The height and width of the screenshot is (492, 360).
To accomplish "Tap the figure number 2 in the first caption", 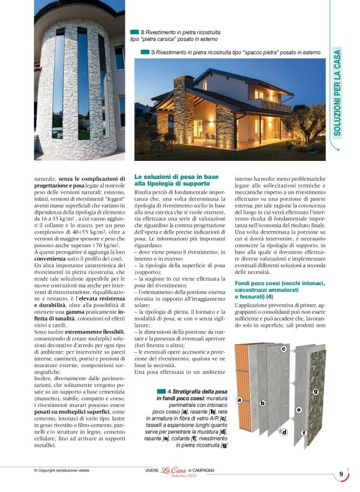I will [x=143, y=31].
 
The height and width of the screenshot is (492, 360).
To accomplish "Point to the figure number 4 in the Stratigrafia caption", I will [x=170, y=390].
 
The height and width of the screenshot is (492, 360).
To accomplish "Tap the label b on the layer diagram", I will [x=263, y=403].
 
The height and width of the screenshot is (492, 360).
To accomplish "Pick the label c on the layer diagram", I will [x=283, y=350].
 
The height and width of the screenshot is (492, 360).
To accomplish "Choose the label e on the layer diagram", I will [x=299, y=410].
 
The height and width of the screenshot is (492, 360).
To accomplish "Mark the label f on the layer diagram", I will [x=304, y=432].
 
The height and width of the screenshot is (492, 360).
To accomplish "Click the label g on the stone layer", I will [x=315, y=391].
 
